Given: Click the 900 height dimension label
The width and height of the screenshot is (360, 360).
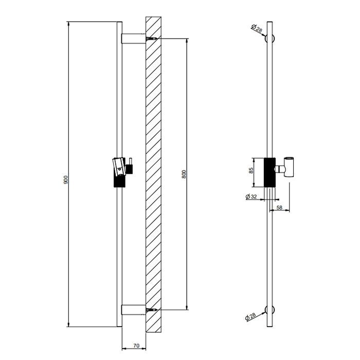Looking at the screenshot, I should click(x=65, y=179).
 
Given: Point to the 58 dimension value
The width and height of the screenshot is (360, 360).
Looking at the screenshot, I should click(x=280, y=207).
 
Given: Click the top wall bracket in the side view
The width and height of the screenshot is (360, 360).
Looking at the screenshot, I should click(x=133, y=39).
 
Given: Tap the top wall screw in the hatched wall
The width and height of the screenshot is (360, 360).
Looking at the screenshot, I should click(x=151, y=39).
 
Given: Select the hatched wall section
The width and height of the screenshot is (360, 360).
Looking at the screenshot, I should click(x=154, y=175).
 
